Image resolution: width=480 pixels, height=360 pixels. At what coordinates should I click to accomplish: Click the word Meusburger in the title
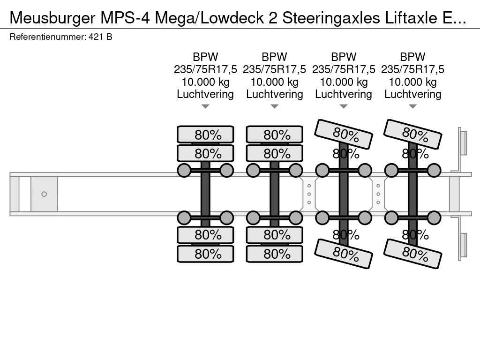pos(52,18)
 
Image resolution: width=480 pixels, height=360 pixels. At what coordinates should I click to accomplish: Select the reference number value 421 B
pos(100,37)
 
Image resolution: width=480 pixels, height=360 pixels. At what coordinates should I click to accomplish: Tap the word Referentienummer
pos(48,37)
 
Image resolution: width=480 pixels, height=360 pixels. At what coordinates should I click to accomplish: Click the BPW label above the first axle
pos(205,57)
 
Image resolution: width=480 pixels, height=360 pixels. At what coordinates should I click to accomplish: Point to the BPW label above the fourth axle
pos(412,57)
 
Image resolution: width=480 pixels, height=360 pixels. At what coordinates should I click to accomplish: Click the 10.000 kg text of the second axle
pos(275,82)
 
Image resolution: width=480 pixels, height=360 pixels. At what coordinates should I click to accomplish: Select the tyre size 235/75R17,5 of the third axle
pos(344,69)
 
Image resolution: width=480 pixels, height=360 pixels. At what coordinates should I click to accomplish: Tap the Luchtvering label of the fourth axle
pos(412,94)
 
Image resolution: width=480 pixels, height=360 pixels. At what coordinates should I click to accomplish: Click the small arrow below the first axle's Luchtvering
pos(205,106)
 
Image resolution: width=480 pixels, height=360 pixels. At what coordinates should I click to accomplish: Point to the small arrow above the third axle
pos(344,106)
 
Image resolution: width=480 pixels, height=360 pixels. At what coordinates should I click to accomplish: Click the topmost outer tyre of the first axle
pos(205,135)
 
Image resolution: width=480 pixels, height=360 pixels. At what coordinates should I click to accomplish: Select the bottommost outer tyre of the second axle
pos(275,254)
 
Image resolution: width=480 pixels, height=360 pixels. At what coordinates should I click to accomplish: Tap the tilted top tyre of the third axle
pos(344,134)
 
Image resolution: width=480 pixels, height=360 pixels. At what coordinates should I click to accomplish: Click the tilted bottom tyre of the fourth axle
pos(412,254)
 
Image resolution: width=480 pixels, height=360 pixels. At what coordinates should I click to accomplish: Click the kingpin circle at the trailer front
pos(44,194)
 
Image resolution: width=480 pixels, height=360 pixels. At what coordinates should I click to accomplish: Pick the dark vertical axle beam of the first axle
pos(205,194)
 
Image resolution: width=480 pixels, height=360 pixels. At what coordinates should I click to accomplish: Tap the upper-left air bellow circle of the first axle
pos(184,171)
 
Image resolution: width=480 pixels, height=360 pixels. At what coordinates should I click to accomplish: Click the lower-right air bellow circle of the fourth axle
pos(434,218)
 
